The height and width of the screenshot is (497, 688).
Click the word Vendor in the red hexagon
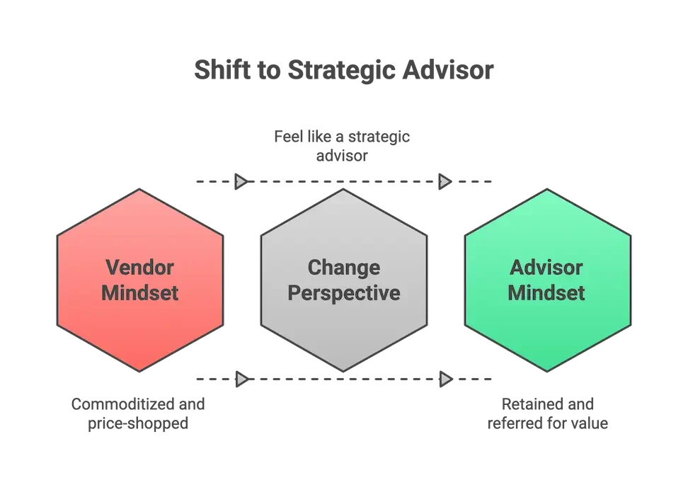140,268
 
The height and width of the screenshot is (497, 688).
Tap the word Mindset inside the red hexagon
140,292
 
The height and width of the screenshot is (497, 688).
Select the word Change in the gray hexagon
344,268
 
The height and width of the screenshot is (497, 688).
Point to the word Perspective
344,292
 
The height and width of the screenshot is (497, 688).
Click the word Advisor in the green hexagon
546,268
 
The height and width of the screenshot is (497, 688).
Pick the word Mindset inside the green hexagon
546,292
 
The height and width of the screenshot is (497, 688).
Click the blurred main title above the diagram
343,72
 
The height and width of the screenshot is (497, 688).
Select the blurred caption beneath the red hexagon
139,413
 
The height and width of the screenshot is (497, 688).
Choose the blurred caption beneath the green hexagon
546,413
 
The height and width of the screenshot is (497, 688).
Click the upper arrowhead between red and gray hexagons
241,181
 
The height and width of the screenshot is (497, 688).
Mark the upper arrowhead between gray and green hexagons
444,181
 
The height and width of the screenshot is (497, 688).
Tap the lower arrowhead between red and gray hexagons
241,379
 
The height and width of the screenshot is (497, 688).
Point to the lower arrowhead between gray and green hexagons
445,379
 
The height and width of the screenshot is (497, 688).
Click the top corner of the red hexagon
140,190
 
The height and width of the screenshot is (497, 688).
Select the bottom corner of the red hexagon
140,370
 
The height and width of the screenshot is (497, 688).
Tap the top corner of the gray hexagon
344,190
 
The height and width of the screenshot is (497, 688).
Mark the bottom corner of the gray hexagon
344,370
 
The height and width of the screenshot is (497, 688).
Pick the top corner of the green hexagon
547,190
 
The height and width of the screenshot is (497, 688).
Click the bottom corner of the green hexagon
547,370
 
